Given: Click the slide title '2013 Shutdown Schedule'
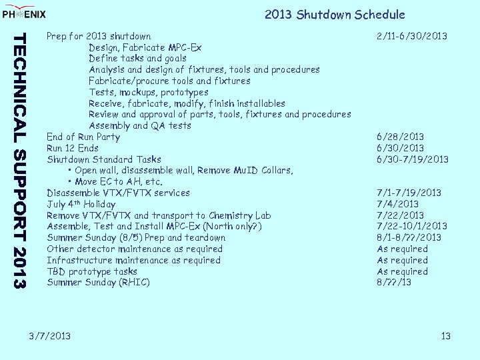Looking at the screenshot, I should click(334, 15).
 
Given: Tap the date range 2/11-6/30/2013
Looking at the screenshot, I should click(411, 36).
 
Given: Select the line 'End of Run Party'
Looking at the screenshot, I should click(83, 137).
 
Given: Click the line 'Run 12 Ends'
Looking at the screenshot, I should click(73, 148).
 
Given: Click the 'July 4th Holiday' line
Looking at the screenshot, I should click(81, 204).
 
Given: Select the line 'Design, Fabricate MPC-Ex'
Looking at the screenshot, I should click(145, 47).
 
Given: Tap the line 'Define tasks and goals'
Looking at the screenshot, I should click(137, 59).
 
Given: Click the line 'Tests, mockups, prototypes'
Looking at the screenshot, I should click(148, 92).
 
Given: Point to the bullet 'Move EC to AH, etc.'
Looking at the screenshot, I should click(119, 181).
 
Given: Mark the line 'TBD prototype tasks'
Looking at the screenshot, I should click(92, 271).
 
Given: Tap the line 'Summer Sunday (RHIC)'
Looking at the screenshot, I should click(98, 283).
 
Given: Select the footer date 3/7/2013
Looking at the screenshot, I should click(50, 336).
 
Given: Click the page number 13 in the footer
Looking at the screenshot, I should click(446, 336).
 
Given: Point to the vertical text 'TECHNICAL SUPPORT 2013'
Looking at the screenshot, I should click(21, 160).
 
